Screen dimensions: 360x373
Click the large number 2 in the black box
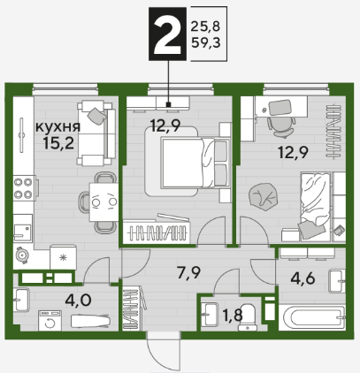(167, 34)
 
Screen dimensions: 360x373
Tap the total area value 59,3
(206, 43)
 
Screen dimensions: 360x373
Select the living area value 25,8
(206, 27)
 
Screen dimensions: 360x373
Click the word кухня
(57, 127)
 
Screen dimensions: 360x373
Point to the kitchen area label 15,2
(58, 143)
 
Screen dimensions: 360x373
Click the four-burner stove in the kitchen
(24, 188)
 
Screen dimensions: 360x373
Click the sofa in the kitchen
(96, 133)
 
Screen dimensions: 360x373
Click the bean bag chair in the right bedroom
(264, 197)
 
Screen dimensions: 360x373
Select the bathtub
(311, 317)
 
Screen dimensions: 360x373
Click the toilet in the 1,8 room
(248, 317)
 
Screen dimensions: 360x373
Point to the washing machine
(50, 321)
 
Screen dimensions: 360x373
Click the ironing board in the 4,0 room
(91, 320)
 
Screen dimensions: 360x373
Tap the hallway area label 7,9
(188, 272)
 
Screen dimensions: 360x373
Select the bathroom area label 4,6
(303, 278)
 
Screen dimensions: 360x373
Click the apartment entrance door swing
(164, 351)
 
